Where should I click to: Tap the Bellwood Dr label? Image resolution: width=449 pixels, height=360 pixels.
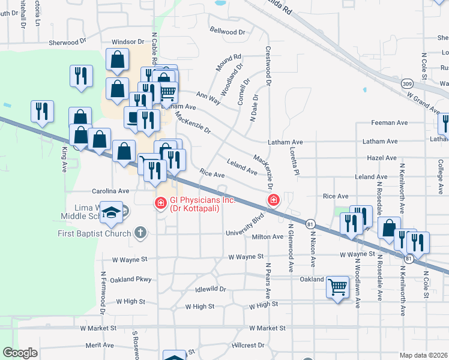228,31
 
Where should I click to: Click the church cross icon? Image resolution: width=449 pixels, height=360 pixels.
140,232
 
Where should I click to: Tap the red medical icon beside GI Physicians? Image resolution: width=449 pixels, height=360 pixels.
160,204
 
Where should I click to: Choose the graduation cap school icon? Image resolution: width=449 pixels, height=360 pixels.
112,212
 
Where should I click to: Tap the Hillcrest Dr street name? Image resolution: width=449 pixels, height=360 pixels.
248,346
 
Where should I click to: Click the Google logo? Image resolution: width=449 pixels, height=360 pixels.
20,353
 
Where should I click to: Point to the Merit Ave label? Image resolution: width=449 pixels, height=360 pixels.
100,345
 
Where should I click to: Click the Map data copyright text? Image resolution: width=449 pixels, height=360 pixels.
423,355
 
